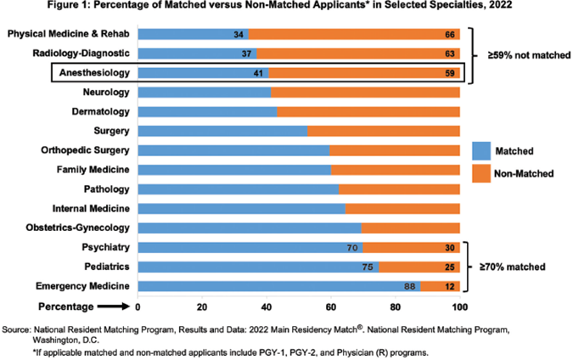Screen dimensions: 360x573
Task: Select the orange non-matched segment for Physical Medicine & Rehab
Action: (x=355, y=34)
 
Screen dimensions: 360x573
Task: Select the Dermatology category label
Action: (x=102, y=111)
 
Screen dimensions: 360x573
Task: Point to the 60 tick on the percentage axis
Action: (x=331, y=307)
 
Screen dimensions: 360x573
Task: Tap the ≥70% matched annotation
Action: (x=514, y=267)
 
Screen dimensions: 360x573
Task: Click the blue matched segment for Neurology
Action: (x=204, y=92)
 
